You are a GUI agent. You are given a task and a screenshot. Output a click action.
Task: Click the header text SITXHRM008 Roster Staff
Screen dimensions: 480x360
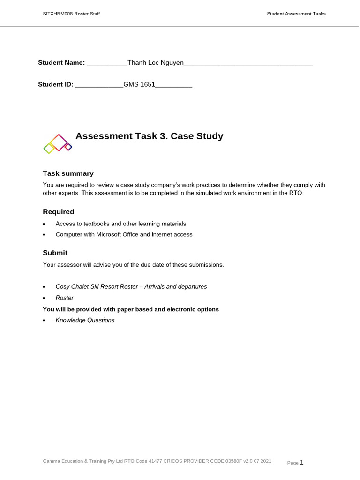[71, 14]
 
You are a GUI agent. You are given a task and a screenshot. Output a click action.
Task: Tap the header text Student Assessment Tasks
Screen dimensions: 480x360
[296, 14]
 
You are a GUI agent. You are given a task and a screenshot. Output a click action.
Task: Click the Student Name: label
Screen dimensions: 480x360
[61, 63]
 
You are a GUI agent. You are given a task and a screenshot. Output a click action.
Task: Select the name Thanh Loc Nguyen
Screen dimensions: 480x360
[155, 63]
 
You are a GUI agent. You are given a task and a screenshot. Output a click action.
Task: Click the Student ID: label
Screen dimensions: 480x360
[56, 85]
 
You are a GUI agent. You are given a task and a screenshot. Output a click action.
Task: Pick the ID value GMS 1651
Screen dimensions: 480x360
[139, 85]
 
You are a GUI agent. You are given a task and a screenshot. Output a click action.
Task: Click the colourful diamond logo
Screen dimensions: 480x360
[58, 143]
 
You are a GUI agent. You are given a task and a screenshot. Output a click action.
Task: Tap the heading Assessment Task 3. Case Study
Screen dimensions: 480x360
[149, 136]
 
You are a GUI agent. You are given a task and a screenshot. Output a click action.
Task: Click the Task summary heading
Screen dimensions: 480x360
[68, 173]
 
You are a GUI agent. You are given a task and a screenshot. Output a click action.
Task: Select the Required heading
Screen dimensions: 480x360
[59, 212]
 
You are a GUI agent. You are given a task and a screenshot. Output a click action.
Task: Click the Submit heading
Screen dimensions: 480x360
[55, 253]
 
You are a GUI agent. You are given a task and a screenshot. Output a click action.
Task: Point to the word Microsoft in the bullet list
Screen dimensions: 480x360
[109, 234]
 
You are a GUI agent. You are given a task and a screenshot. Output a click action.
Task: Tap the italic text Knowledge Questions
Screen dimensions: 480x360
[85, 320]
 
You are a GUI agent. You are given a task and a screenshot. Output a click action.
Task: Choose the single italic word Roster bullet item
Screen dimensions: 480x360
[65, 298]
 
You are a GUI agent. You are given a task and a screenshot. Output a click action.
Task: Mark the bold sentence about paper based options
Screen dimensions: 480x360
[131, 309]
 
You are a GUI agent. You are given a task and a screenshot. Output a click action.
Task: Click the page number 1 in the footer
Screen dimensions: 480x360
[301, 462]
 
